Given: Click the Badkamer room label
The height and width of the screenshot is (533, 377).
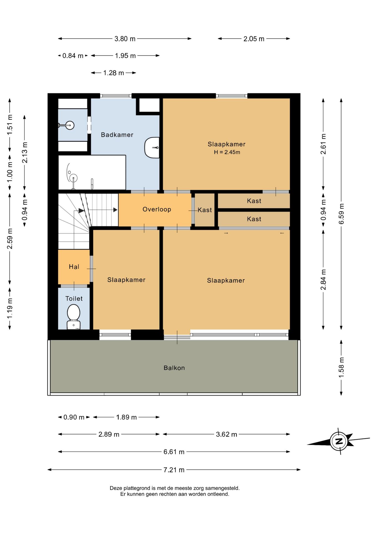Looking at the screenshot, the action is pos(117,135).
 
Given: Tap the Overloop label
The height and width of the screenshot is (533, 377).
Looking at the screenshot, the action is pos(157,209).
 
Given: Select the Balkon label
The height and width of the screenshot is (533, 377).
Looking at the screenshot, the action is pos(174,368).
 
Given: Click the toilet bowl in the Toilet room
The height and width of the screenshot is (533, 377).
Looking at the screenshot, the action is pos(74,317).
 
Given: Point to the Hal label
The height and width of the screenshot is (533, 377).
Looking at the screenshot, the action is pos(74,267).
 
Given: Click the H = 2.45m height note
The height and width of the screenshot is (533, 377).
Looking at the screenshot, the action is pos(227,152).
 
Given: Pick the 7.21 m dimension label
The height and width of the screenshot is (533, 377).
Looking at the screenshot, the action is pos(174,470).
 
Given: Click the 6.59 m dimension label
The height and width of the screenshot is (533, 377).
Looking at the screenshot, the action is pos(341,214).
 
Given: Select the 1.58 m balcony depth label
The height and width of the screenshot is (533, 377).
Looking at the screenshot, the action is pos(341,367).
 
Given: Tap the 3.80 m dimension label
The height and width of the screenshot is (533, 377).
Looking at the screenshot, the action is pos(125,39).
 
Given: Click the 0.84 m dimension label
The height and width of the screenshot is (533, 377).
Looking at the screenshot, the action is pos(73,56).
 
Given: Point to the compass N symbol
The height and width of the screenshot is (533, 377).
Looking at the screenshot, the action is pos(339,441).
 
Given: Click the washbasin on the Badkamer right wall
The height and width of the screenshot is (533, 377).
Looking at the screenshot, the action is pos(152,148).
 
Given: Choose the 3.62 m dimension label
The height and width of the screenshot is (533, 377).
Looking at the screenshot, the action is pos(227,434).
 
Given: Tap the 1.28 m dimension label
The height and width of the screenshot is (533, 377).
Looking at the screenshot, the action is pos(114,73).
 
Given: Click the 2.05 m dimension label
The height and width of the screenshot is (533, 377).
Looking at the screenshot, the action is pos(254,39).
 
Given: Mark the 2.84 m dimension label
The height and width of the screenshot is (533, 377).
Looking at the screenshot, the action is pos(323,280).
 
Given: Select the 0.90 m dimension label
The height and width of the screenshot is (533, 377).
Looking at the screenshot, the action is pos(74,417).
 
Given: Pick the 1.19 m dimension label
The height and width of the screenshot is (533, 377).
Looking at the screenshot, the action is pos(10,308).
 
